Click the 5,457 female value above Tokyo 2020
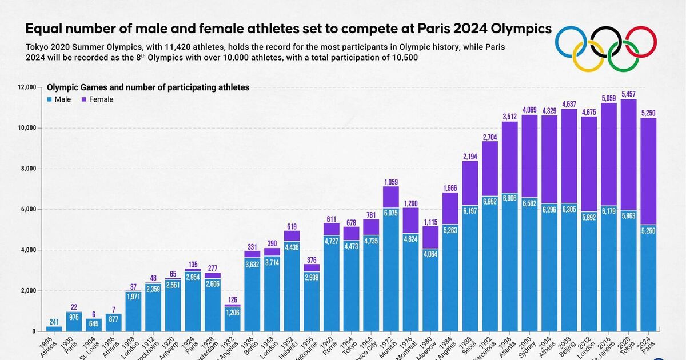click(x=628, y=93)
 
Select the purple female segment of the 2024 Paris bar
click(x=648, y=171)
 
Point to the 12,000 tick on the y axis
click(x=27, y=87)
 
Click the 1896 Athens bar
click(x=54, y=329)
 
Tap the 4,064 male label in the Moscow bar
click(x=430, y=255)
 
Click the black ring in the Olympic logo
click(x=606, y=41)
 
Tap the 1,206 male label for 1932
click(x=233, y=313)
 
